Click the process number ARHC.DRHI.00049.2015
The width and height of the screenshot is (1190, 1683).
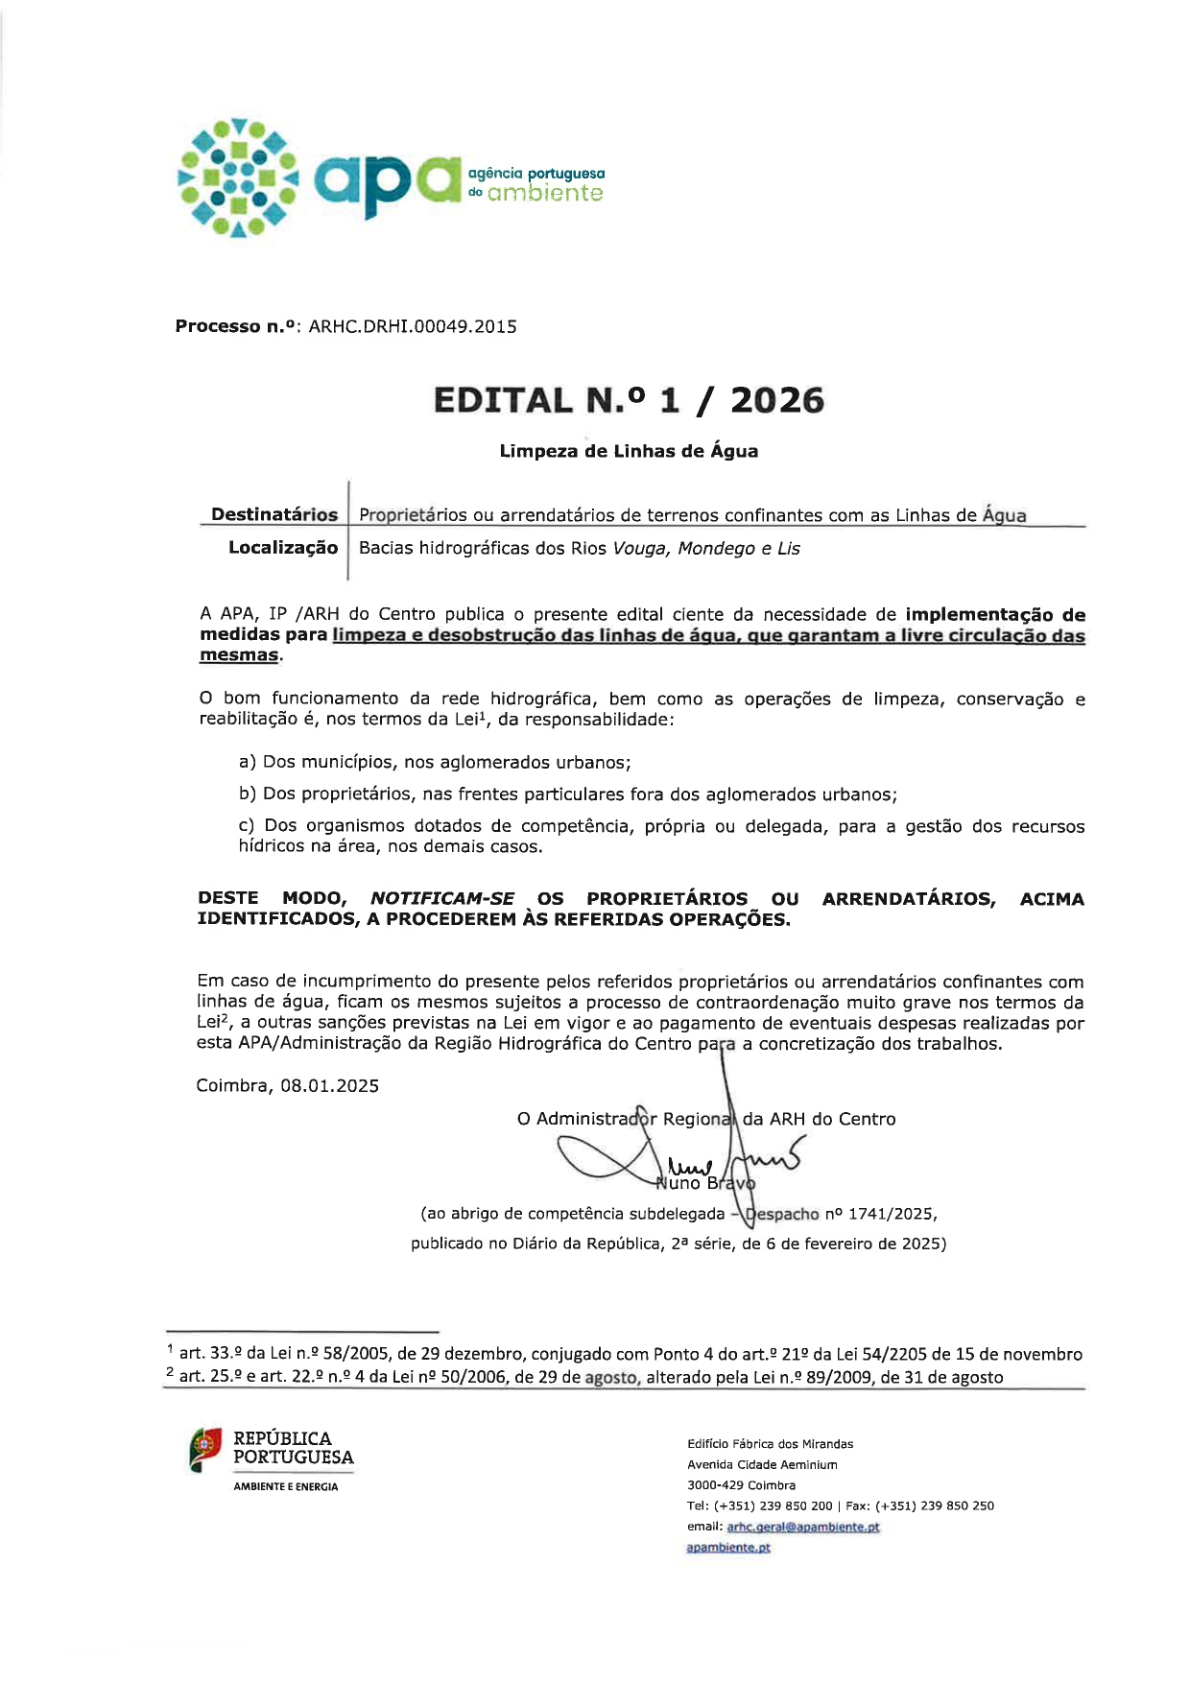point(413,326)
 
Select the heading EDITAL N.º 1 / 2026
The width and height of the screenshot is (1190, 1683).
point(629,400)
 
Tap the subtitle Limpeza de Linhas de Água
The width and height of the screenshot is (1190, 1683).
point(629,451)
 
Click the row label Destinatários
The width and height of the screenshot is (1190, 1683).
point(274,514)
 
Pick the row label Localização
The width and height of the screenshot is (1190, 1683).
point(283,548)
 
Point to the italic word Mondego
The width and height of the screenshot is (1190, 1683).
point(716,549)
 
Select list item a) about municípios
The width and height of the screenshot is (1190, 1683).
point(435,762)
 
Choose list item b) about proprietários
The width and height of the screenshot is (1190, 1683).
point(567,794)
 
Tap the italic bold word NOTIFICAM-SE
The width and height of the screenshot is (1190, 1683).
point(442,898)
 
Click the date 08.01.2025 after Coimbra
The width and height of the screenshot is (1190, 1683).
point(329,1086)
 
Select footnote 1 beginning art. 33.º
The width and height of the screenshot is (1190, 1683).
point(624,1354)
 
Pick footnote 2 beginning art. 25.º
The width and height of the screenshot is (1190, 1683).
point(585,1377)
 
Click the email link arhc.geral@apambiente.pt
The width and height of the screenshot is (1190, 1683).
point(803,1527)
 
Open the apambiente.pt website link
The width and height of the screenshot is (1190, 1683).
point(728,1547)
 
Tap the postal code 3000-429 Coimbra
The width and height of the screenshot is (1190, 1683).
point(741,1485)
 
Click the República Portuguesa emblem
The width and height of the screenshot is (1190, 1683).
point(205,1450)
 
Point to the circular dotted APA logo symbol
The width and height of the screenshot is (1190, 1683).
point(237,178)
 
